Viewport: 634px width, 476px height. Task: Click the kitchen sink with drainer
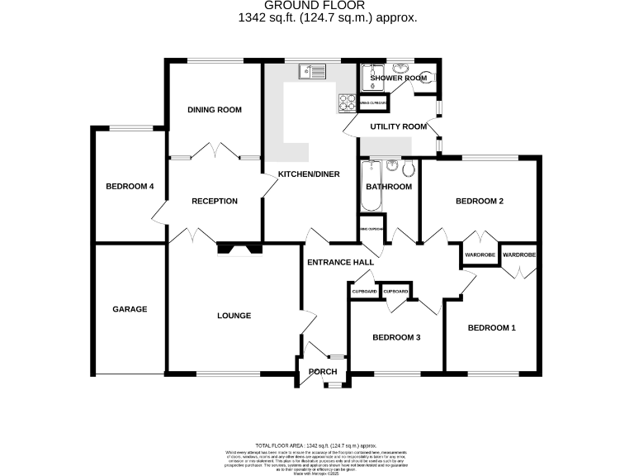(x=314, y=72)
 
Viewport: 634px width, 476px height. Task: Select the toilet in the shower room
(x=426, y=78)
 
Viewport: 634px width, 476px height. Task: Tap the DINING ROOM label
(x=214, y=110)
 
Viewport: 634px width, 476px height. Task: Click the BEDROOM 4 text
(x=130, y=187)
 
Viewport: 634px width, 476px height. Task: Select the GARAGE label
(x=130, y=309)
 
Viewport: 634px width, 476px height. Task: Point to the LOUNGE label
(x=234, y=316)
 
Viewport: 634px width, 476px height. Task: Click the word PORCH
(x=323, y=372)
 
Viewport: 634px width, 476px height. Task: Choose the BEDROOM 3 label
(x=396, y=337)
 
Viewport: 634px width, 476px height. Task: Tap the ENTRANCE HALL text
(x=340, y=262)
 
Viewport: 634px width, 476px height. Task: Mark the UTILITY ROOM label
(x=398, y=126)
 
